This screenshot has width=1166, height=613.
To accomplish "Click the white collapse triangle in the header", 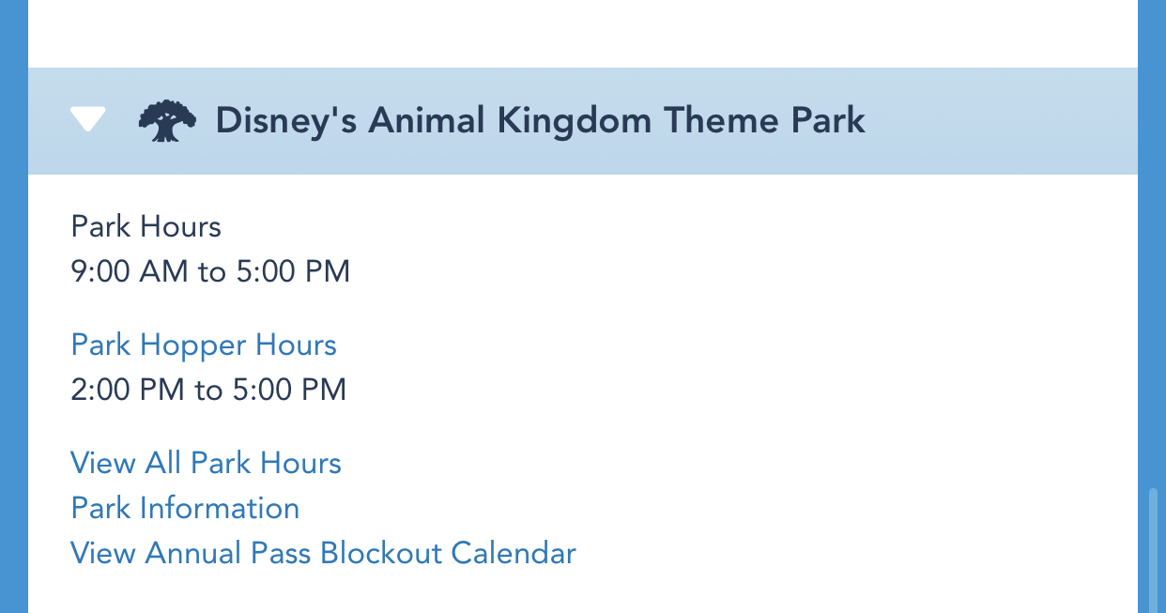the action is [x=88, y=118].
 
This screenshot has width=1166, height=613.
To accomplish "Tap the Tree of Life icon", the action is [x=167, y=121].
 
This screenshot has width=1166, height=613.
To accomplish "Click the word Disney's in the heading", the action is [x=286, y=121].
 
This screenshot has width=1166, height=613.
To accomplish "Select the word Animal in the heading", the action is [x=426, y=120].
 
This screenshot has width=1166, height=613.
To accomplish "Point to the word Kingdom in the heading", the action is [x=575, y=121].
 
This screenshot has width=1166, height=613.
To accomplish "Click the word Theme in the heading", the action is [x=721, y=120].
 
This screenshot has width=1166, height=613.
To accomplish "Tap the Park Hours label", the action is [x=146, y=227].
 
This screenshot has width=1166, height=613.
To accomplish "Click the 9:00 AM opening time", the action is [x=130, y=271].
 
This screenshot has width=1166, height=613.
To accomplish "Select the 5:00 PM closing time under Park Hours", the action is [x=293, y=271].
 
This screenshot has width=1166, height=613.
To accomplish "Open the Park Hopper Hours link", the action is [x=204, y=345].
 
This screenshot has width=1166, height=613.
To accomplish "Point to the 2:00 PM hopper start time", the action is [x=128, y=390].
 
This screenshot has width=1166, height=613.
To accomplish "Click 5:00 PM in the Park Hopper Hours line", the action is [x=289, y=390].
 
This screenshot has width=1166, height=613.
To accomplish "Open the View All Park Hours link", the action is [x=206, y=463].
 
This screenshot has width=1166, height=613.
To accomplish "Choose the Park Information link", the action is [x=185, y=508].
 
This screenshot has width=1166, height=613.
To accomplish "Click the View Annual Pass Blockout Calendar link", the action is [x=323, y=553].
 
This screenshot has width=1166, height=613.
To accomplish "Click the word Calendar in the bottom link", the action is [x=514, y=553].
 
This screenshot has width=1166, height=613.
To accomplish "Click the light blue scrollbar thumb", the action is [x=1153, y=550].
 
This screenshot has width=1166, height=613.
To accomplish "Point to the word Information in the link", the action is [x=219, y=508].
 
